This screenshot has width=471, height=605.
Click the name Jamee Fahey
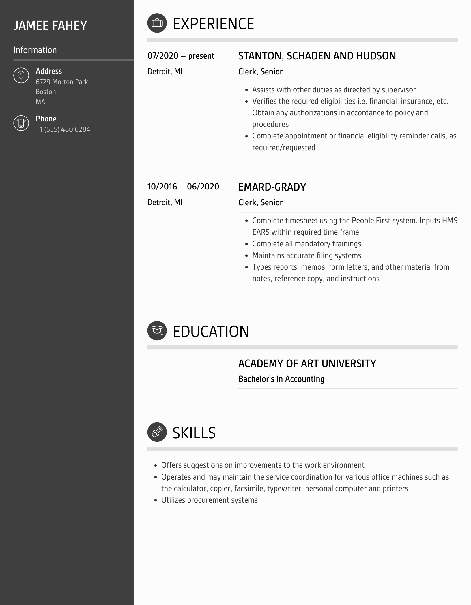pos(50,25)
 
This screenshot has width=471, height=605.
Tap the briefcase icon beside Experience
pos(157,23)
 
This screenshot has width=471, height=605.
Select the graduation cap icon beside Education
pos(157,330)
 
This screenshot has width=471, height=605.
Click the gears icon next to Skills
pos(157,432)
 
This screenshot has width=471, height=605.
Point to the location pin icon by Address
pos(21,76)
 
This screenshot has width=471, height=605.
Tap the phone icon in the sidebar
pos(21,123)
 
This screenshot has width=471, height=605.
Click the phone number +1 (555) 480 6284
pos(63,129)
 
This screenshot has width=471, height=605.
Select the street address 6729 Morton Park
pos(62,82)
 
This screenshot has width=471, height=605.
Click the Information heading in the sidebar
pos(35,50)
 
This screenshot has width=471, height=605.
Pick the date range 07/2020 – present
pos(181,56)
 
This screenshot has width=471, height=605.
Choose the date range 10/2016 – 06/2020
pos(183,187)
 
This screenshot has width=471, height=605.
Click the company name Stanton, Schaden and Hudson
pos(317,56)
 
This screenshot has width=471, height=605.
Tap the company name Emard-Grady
pos(272,187)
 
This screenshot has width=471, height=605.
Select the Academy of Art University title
pos(307,363)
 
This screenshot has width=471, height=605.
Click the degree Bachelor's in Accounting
pos(281,379)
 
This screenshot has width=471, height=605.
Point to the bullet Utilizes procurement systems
pos(209,500)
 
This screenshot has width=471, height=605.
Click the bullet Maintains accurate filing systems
pos(306,255)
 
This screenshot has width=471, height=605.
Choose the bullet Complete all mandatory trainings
pos(306,244)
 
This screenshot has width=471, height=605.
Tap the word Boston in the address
pos(46,92)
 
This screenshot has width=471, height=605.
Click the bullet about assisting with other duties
pos(334,90)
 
